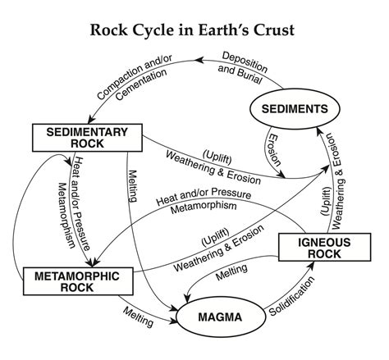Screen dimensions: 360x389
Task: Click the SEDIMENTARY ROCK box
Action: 76,139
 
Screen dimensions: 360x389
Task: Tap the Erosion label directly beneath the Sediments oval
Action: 274,147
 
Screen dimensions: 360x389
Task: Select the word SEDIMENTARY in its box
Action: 76,131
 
